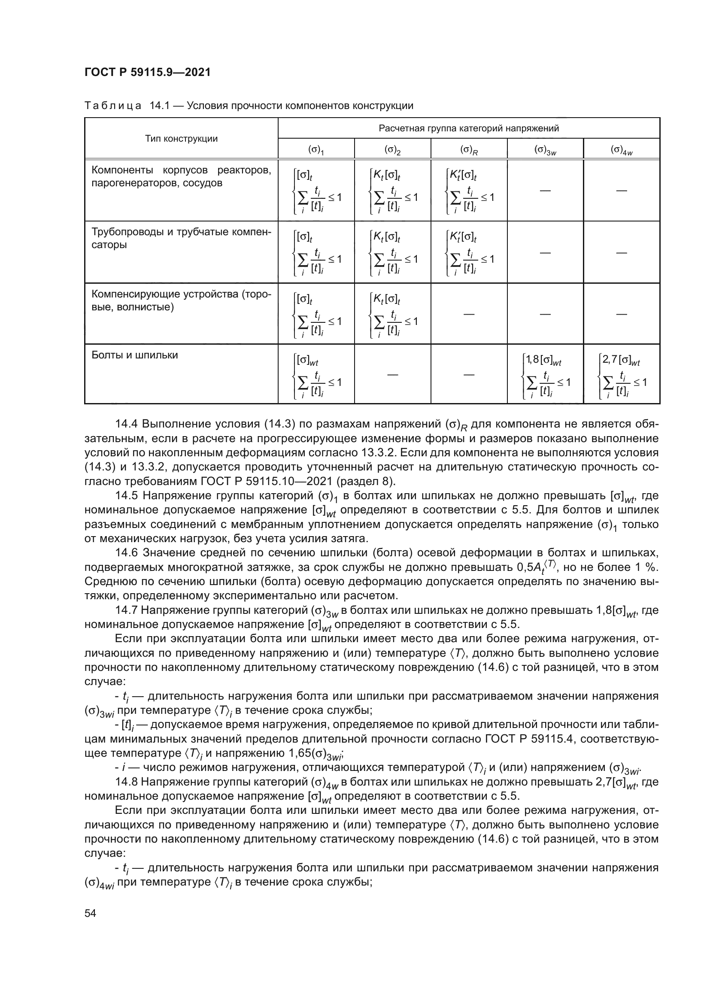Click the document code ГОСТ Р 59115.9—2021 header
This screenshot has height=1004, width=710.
pyautogui.click(x=147, y=72)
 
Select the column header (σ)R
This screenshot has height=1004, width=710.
pyautogui.click(x=469, y=150)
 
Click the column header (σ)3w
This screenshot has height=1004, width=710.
pyautogui.click(x=545, y=150)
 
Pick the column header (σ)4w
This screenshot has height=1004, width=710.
pyautogui.click(x=622, y=150)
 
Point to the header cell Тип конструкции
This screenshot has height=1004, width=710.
pyautogui.click(x=181, y=139)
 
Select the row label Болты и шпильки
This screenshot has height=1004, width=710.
pyautogui.click(x=135, y=355)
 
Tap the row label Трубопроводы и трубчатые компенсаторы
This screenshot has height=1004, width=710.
pyautogui.click(x=181, y=238)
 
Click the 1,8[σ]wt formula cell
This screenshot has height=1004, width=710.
pyautogui.click(x=545, y=374)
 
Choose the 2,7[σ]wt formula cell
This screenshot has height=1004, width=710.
pyautogui.click(x=622, y=374)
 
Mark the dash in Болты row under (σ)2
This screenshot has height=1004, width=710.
pyautogui.click(x=393, y=374)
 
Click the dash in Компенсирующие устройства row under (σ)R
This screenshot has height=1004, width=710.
pyautogui.click(x=469, y=313)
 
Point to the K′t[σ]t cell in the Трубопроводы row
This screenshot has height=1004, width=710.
pyautogui.click(x=469, y=252)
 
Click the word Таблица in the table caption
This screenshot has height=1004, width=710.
pyautogui.click(x=112, y=106)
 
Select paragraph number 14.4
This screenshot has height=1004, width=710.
pyautogui.click(x=127, y=424)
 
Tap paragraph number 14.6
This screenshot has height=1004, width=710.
pyautogui.click(x=127, y=553)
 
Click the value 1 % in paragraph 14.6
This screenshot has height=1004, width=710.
pyautogui.click(x=645, y=567)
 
